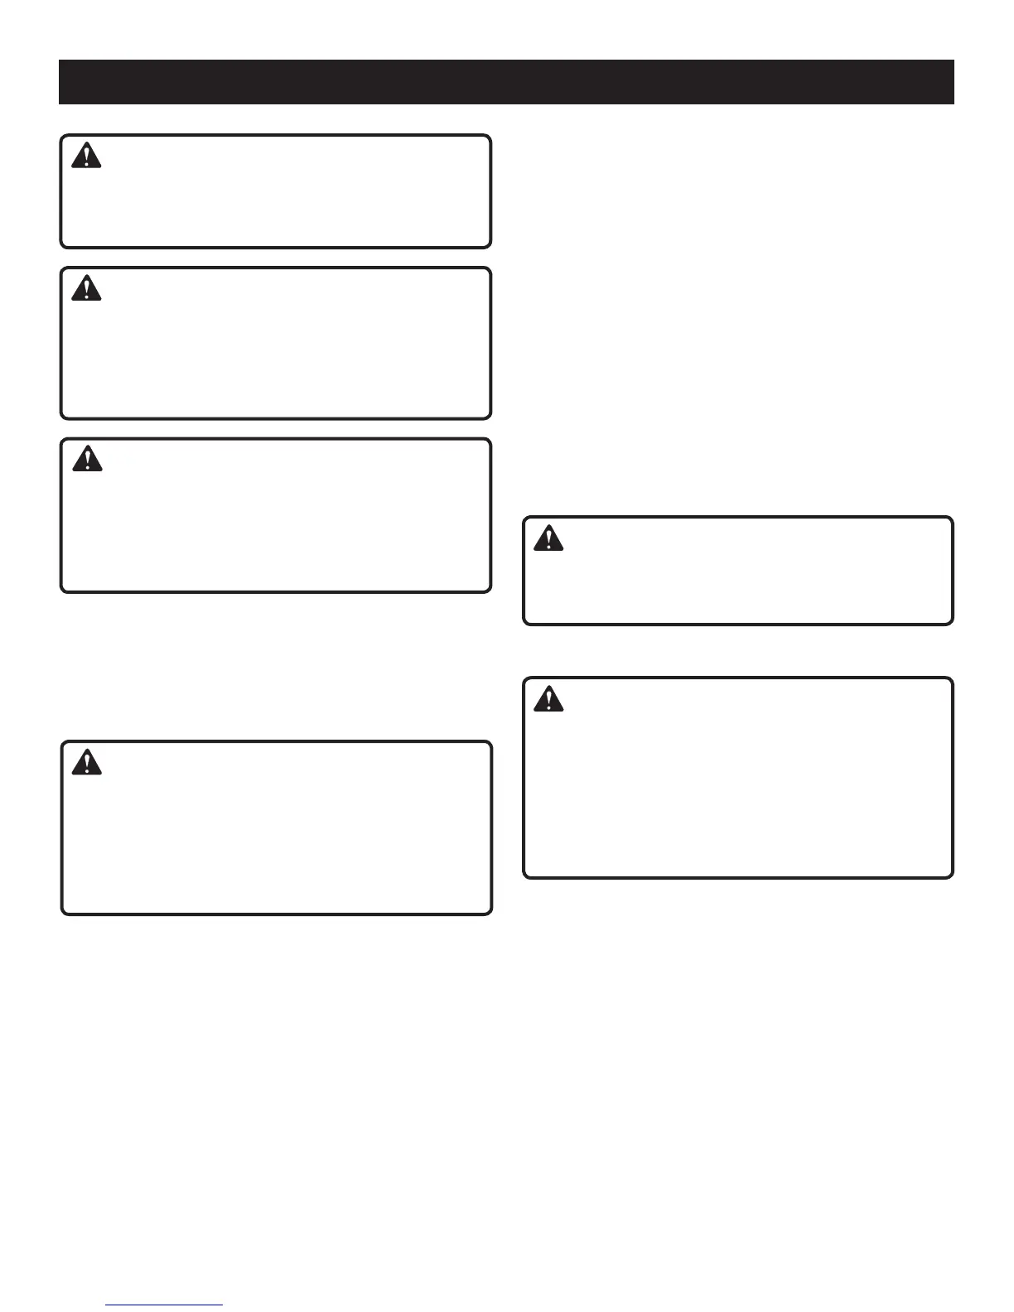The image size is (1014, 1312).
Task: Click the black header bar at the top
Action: tap(506, 82)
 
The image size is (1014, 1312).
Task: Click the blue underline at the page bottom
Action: tap(164, 1305)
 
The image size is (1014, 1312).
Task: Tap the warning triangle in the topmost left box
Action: tap(86, 156)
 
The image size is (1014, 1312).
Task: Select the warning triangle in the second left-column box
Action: tap(86, 288)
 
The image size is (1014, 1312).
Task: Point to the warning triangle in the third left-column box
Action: tap(87, 459)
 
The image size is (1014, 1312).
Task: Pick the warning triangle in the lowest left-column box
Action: tap(87, 762)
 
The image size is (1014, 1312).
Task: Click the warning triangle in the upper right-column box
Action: tap(548, 538)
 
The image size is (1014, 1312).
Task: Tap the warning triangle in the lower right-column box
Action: tap(548, 699)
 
